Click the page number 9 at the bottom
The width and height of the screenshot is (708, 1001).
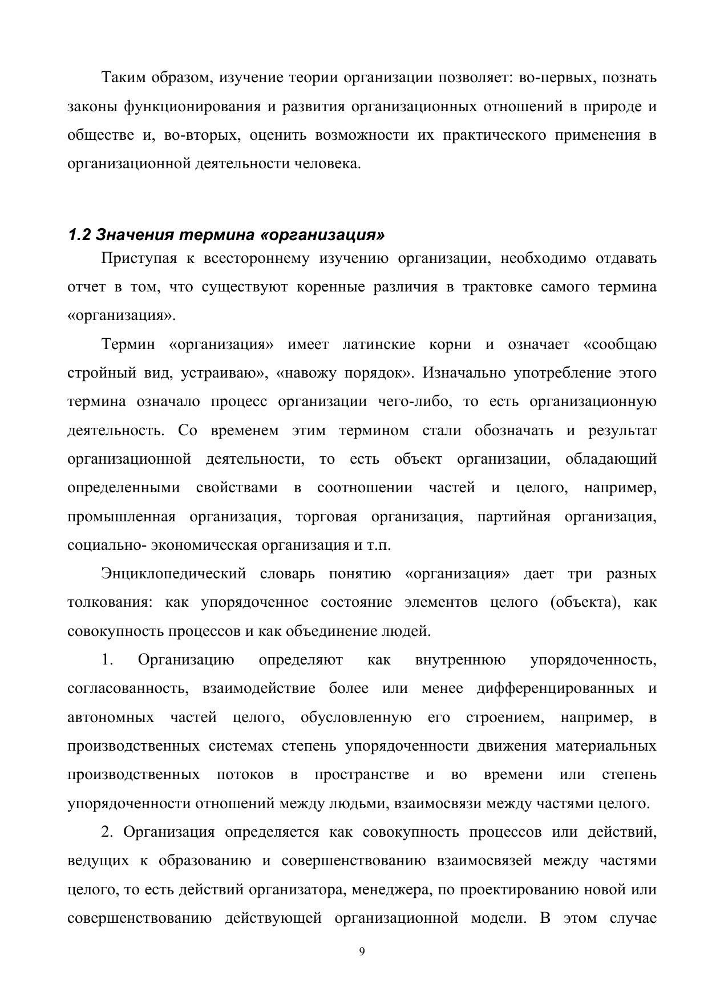click(x=362, y=951)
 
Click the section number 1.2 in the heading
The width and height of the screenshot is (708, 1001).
click(x=80, y=234)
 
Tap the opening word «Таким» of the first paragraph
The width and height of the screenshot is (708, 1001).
click(x=123, y=77)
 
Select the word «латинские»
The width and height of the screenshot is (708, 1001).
click(x=378, y=345)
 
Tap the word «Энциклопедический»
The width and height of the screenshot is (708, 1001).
click(x=173, y=573)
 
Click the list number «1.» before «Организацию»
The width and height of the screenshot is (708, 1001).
click(x=107, y=660)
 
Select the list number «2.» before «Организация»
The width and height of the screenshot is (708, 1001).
click(x=107, y=832)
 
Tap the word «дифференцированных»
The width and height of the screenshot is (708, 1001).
click(x=555, y=688)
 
